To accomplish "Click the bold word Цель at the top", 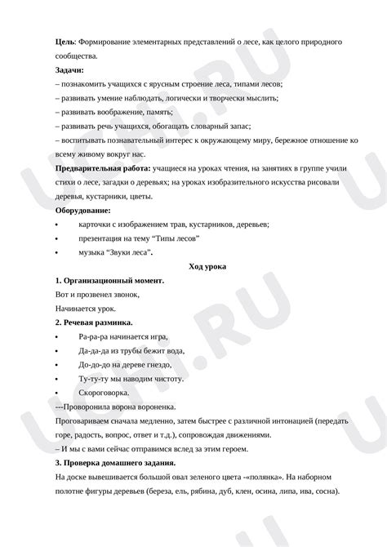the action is pos(65,41).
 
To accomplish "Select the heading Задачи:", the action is pos(72,70).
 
